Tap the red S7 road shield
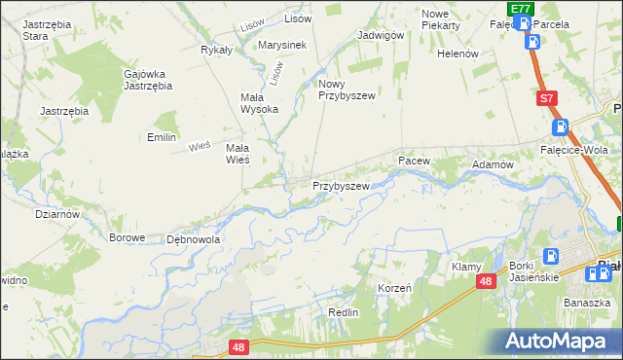(547, 98)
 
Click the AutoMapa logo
(561, 341)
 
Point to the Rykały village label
(215, 50)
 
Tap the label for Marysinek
(282, 45)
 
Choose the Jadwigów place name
(381, 35)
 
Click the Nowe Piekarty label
(441, 19)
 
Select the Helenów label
(458, 54)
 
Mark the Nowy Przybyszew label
(347, 90)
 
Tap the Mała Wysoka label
(259, 103)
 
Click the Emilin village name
(161, 137)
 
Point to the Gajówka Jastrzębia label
(148, 80)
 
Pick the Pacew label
(413, 159)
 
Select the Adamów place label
(493, 165)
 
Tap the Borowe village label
(127, 237)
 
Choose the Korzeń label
(394, 289)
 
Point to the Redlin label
(344, 312)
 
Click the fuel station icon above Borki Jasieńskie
(551, 256)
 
